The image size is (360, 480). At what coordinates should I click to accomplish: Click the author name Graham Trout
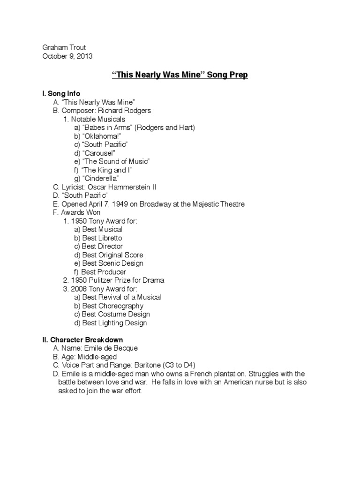tap(64, 47)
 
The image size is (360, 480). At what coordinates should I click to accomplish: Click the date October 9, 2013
tap(67, 56)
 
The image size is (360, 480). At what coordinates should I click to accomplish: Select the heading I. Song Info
tap(61, 94)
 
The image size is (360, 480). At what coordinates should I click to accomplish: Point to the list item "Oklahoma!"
tap(98, 136)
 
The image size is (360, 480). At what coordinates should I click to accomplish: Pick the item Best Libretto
tap(102, 238)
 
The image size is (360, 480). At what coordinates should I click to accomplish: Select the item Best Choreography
tap(112, 306)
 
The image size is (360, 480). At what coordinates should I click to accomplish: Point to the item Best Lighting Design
tap(114, 322)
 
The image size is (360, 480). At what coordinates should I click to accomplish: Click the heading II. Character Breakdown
tap(82, 339)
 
